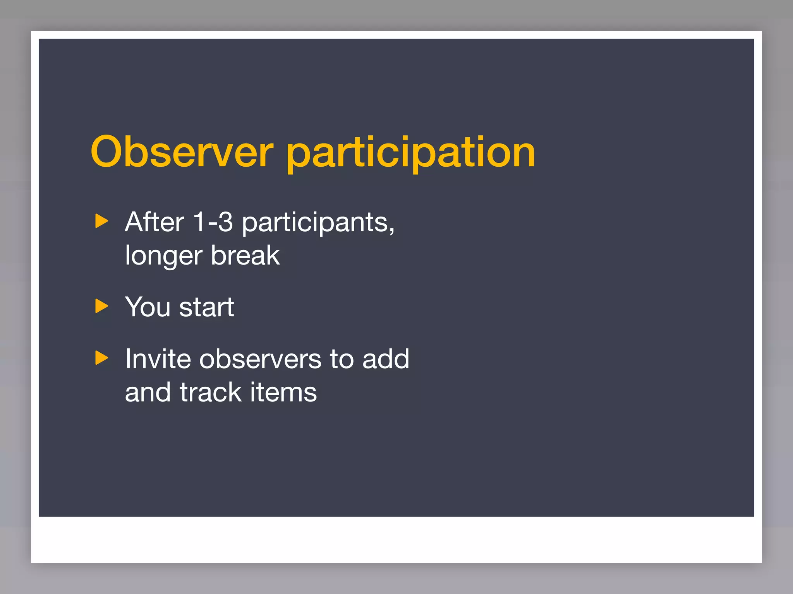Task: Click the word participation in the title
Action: [411, 153]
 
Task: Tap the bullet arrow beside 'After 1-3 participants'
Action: [101, 221]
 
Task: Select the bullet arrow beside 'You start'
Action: [101, 306]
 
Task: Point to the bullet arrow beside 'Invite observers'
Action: [101, 358]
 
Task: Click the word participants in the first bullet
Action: [315, 224]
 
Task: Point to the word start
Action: [206, 308]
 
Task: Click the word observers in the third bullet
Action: [260, 359]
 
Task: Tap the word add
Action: [386, 359]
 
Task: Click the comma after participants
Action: [392, 230]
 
